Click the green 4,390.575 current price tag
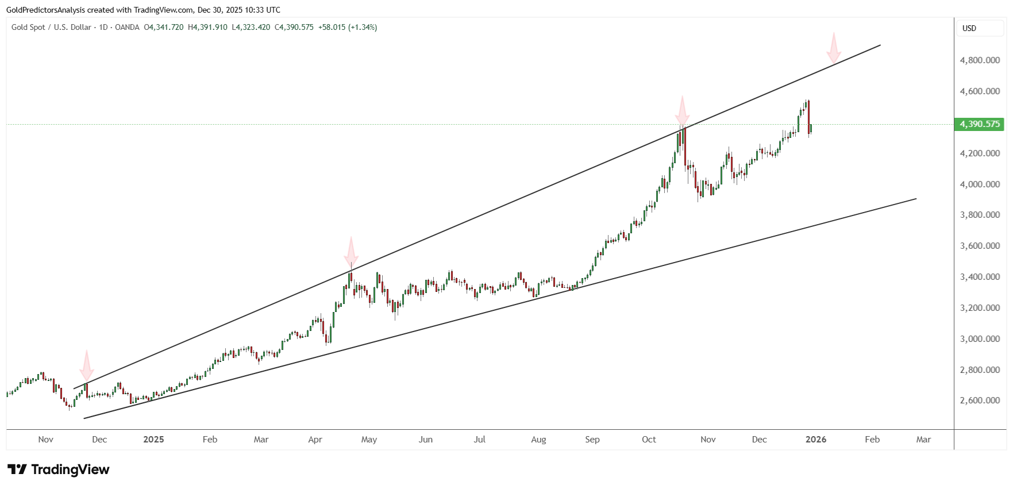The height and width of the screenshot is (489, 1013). (979, 124)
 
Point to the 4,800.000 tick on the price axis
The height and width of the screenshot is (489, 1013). (980, 60)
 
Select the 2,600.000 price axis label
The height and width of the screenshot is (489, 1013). (980, 401)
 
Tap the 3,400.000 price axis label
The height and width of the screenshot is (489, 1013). (980, 277)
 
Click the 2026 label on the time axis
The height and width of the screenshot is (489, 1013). (816, 440)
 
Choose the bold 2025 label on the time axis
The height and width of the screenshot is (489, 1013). (153, 440)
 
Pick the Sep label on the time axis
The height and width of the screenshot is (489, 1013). (592, 440)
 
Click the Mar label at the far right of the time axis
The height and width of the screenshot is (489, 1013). (923, 440)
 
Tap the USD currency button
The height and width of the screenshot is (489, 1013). (969, 28)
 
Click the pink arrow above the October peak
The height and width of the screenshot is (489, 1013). (682, 111)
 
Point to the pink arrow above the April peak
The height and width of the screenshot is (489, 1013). (351, 253)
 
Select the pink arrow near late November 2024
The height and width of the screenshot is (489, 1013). (86, 365)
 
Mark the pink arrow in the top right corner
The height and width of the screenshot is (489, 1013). (834, 49)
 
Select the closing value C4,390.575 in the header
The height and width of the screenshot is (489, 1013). (294, 27)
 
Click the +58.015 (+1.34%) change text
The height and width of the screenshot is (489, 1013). (348, 27)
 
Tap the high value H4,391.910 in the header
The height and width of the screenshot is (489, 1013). (207, 27)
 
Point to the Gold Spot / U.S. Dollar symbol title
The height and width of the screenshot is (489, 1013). (51, 27)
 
